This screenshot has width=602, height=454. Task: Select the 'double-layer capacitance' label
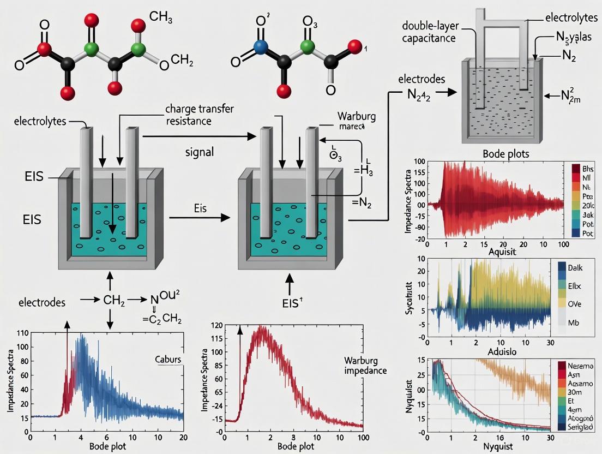pyautogui.click(x=430, y=32)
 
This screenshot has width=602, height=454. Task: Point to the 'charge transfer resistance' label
pyautogui.click(x=199, y=115)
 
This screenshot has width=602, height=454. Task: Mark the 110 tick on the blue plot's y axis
pyautogui.click(x=22, y=333)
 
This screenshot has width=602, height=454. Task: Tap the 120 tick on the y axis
pyautogui.click(x=216, y=326)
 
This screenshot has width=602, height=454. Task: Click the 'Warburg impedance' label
pyautogui.click(x=365, y=366)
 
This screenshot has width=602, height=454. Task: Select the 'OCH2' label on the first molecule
pyautogui.click(x=176, y=62)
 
